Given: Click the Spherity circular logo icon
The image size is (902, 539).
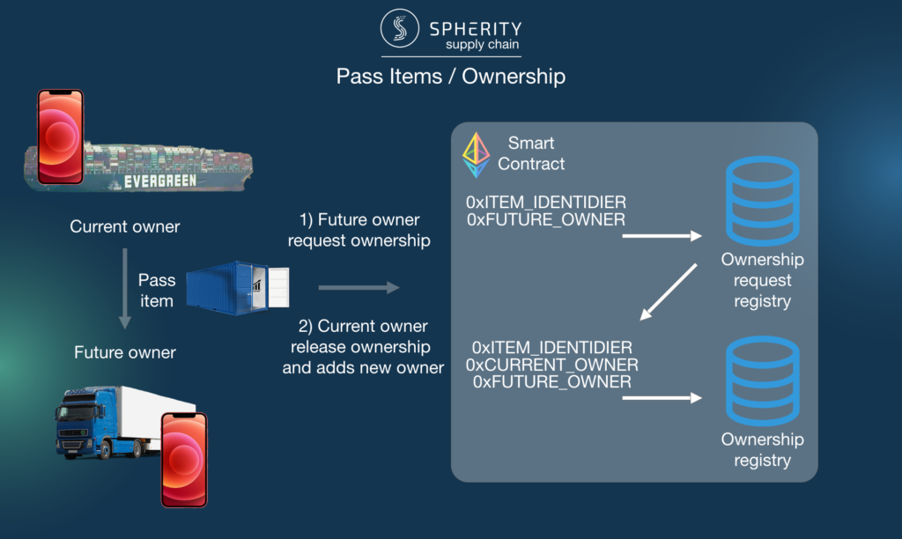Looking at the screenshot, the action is pos(399,27).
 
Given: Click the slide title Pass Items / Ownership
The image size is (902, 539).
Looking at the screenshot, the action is pos(450,76).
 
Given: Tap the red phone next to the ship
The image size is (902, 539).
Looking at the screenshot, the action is pos(61,137).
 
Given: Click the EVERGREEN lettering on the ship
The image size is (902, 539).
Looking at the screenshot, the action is pos(160,181).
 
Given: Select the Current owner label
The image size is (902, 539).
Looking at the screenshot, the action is pos(125,226).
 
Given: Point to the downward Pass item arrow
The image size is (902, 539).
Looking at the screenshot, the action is pos(125,288).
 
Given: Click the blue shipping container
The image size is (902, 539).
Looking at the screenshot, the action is pos(238,288).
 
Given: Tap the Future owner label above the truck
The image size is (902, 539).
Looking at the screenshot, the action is pos(125,352).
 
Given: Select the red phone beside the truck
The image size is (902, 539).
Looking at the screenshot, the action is pos(184,460).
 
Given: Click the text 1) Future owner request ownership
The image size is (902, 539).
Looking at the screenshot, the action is pos(359,230).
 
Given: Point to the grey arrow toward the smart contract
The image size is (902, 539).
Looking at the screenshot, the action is pos(359,288).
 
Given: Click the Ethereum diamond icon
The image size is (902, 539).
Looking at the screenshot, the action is pos(477,155).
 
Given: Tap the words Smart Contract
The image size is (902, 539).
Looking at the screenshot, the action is pos(531,153).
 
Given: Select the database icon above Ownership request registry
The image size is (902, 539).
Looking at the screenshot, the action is pos(762,201).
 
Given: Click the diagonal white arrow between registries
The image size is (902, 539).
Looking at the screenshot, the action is pos(669,292).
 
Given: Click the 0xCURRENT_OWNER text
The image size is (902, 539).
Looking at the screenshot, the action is pos(551,365).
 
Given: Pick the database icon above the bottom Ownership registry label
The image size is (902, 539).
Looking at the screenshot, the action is pos(762,380).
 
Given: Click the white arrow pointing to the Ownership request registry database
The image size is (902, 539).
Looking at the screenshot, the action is pos(662,236).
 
